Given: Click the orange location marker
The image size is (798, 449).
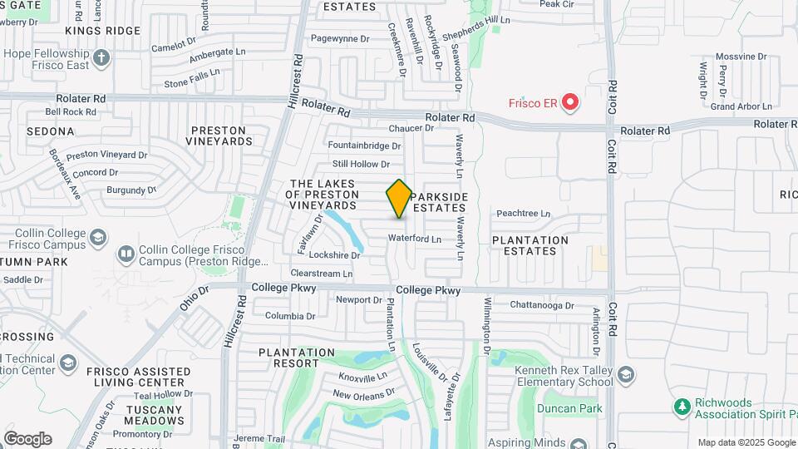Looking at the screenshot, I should coord(399,198).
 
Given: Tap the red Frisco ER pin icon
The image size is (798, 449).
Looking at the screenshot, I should coord(570,102).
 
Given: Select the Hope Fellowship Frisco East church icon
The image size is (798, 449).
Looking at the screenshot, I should coord(101,58).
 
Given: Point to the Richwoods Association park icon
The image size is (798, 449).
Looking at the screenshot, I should coord(682,406).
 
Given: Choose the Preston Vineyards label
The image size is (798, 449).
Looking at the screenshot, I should coord(219,136).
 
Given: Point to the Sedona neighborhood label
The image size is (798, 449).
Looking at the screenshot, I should coord(51,131).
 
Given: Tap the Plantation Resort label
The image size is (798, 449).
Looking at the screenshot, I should coord(300,358).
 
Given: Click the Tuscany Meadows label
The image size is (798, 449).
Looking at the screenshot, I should coord(154,415).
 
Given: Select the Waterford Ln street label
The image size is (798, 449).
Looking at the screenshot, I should coord(415,239).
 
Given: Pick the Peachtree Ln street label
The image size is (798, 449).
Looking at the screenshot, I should coord(524,214).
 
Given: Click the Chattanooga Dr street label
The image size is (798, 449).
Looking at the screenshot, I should coord(542,305).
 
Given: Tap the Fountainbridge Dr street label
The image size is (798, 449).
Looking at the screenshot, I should coord(364,146).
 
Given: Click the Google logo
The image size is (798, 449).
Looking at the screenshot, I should coord(27,438).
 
